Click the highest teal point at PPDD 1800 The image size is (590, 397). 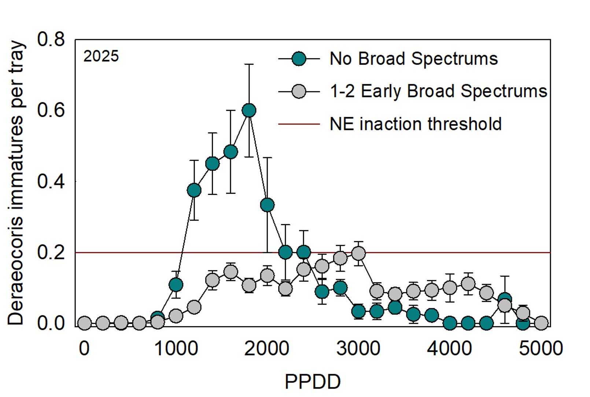click(249, 110)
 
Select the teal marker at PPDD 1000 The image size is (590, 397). click(176, 284)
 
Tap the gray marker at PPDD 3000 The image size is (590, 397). click(358, 253)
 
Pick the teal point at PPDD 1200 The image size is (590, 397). click(194, 190)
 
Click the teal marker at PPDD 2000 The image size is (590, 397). click(267, 205)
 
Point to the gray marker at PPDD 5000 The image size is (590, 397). click(541, 323)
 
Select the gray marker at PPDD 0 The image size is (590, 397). click(84, 323)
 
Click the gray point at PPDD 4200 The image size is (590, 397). click(468, 283)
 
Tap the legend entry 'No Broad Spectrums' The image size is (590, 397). click(413, 59)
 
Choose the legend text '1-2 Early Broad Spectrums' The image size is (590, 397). click(438, 91)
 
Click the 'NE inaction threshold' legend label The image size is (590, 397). click(415, 124)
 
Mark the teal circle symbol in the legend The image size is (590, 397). click(299, 59)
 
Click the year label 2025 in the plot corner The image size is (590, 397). click(101, 56)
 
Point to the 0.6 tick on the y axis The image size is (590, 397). click(51, 110)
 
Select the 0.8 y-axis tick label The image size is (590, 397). click(51, 39)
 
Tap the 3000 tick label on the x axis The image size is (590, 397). click(358, 348)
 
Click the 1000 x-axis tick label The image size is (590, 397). click(176, 348)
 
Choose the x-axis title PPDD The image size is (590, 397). click(313, 382)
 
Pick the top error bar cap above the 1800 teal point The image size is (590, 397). click(249, 64)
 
